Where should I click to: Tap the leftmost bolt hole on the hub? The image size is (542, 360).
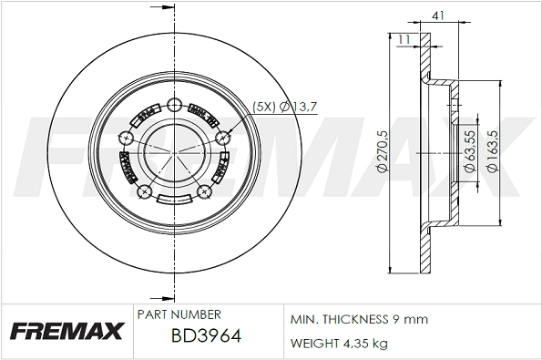tap(125, 138)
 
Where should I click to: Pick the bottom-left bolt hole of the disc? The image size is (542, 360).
tap(143, 191)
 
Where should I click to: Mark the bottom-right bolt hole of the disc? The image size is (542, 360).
tap(205, 191)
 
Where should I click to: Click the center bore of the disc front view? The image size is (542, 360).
tap(174, 149)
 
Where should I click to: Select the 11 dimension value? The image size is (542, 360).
tap(404, 37)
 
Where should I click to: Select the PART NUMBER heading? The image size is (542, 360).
tap(178, 314)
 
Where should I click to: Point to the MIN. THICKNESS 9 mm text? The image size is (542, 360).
tap(358, 320)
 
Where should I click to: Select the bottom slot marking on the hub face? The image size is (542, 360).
tap(174, 201)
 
